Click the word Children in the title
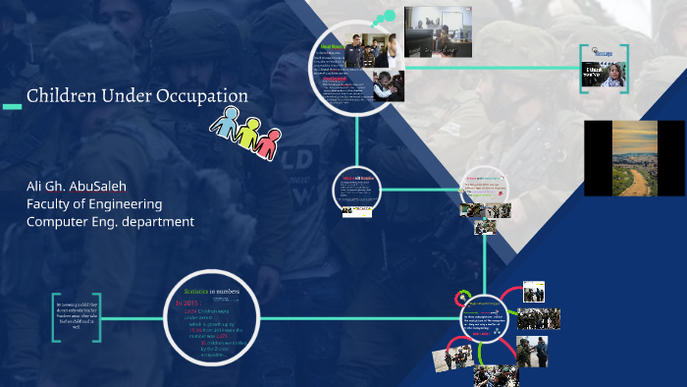[x=58, y=96]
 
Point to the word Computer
[x=60, y=222]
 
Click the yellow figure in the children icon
[x=248, y=132]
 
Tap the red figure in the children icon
[x=268, y=142]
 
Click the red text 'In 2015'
[x=189, y=304]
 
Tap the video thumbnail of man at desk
[x=439, y=31]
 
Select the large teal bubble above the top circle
[x=390, y=16]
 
